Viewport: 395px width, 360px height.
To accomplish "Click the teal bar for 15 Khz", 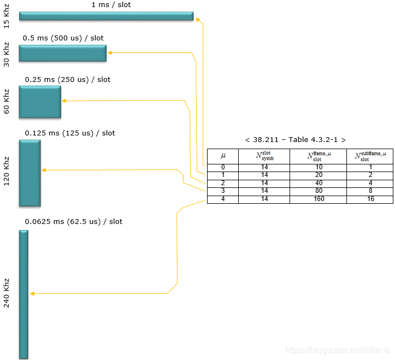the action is click(x=107, y=16).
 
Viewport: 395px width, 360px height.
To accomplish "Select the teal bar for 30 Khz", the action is click(x=63, y=53).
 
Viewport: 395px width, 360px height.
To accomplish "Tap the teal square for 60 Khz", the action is click(x=40, y=102).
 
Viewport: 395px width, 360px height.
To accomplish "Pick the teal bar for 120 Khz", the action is click(x=30, y=173).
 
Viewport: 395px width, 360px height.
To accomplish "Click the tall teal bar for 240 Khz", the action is click(x=23, y=294).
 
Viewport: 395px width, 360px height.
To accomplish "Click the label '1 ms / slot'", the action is click(x=111, y=5).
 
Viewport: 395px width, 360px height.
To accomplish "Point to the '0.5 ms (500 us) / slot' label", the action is click(x=63, y=38).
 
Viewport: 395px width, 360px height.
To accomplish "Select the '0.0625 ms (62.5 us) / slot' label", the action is click(x=74, y=222).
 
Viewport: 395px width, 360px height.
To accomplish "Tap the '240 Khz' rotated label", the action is click(x=7, y=293).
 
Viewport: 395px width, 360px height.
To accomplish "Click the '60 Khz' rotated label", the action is click(x=7, y=102).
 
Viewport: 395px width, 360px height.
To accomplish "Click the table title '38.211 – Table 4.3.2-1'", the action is click(x=295, y=140).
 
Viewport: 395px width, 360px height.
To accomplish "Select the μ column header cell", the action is click(x=223, y=156).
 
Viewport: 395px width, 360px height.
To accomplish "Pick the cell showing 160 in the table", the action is click(x=319, y=199).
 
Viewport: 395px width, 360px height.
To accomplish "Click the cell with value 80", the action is click(x=319, y=191).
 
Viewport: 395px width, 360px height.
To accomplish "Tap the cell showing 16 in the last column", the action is click(x=370, y=199).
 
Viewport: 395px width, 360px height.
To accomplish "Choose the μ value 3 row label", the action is click(x=223, y=191).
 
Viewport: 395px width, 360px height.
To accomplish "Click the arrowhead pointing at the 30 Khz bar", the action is click(x=110, y=52).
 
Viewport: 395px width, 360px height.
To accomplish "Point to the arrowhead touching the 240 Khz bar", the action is click(x=32, y=293).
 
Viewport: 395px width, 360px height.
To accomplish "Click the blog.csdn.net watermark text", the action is click(x=338, y=350).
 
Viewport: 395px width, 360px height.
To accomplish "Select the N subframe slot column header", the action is click(x=370, y=156).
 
